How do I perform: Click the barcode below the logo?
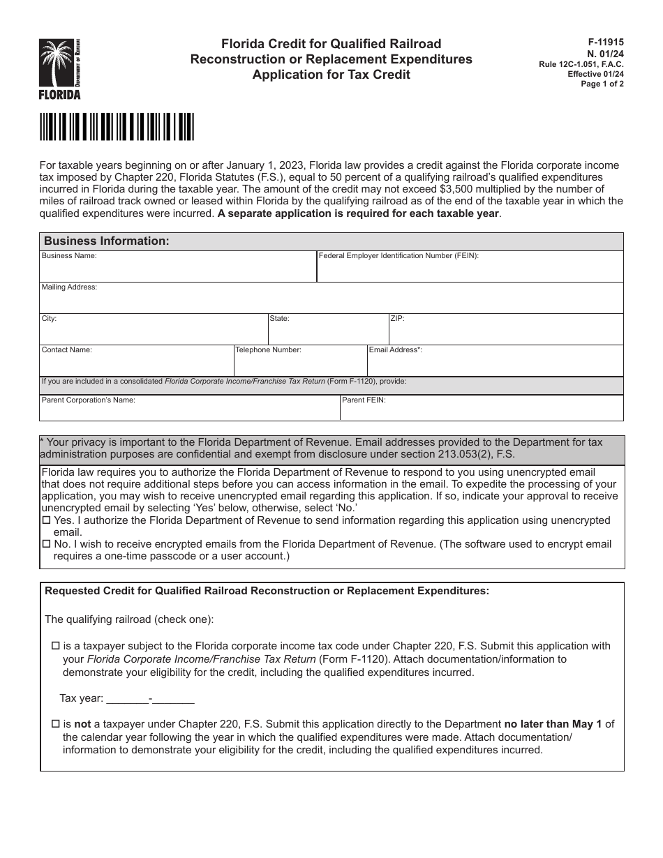pos(117,127)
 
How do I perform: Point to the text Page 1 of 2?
pos(602,84)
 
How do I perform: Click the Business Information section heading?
pos(107,241)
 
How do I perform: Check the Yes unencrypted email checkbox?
pos(47,521)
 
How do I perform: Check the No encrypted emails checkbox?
pos(47,545)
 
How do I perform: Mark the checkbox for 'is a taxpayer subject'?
pos(57,647)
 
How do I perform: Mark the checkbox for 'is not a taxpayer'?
pos(57,725)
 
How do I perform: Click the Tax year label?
pos(81,698)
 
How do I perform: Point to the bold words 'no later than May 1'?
pos(553,724)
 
